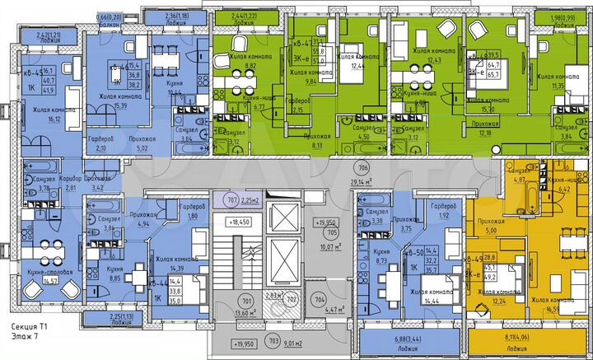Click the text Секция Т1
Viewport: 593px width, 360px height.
click(29, 327)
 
